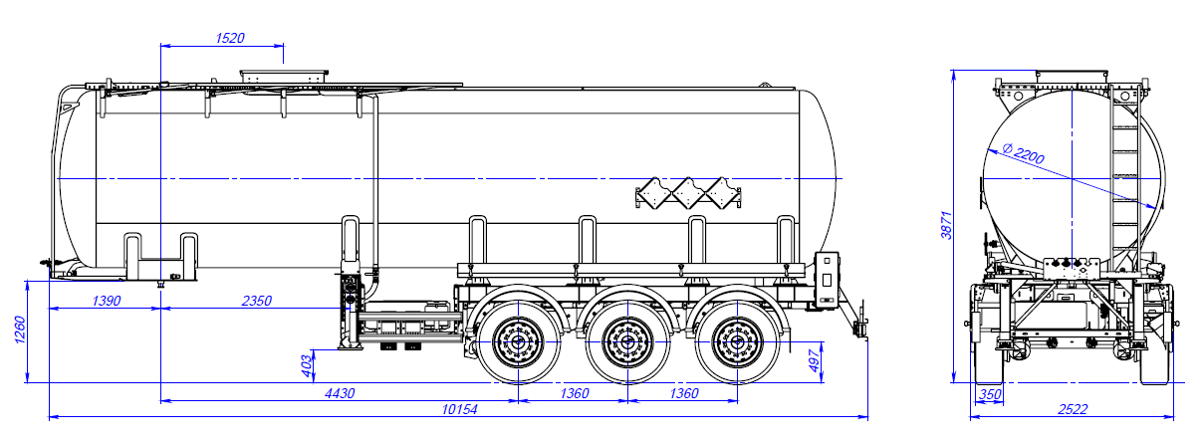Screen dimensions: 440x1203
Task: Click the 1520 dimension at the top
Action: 230,38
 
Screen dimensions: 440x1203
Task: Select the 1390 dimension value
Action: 106,300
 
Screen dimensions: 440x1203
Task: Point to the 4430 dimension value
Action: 339,393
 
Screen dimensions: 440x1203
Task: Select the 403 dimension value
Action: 308,364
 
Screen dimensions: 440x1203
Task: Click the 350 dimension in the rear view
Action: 989,395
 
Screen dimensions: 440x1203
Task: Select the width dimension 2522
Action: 1072,409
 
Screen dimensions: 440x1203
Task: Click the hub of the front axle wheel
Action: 516,341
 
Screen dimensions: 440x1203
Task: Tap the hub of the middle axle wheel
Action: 626,341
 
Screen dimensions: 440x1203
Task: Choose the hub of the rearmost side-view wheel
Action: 736,341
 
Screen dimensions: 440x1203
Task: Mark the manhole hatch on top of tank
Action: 283,75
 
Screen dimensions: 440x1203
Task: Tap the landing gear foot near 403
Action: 348,345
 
